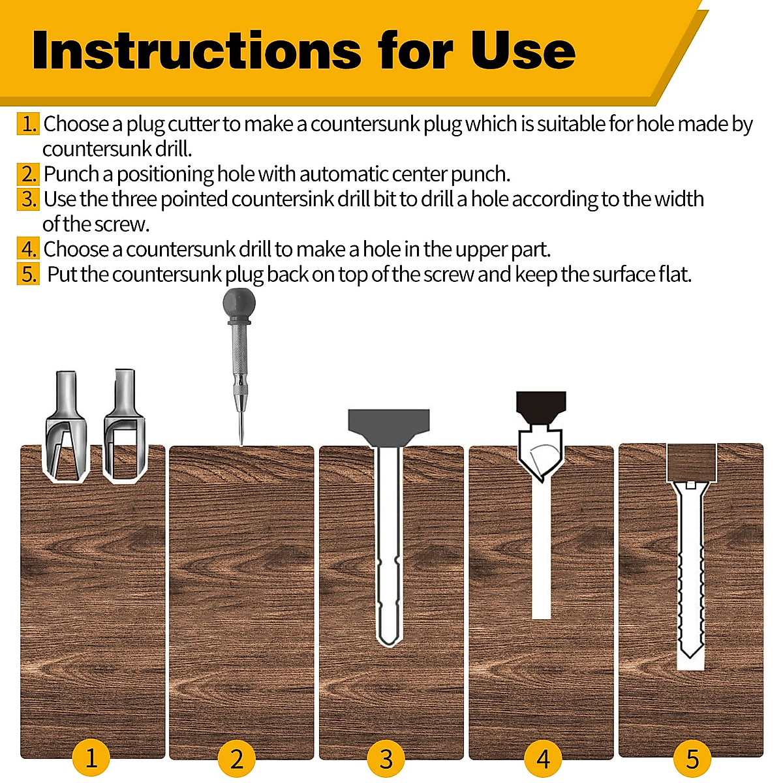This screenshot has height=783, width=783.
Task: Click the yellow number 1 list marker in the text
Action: pyautogui.click(x=29, y=124)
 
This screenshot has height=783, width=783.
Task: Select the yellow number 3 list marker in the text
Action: pyautogui.click(x=29, y=199)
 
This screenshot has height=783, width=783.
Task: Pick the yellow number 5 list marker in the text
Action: pyautogui.click(x=29, y=274)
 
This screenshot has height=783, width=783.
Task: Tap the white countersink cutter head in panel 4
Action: pyautogui.click(x=540, y=453)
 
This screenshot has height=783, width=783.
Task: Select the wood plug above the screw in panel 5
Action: pyautogui.click(x=691, y=462)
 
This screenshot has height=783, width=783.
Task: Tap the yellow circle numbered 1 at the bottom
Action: pyautogui.click(x=91, y=758)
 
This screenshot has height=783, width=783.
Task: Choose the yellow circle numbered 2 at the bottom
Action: pyautogui.click(x=237, y=759)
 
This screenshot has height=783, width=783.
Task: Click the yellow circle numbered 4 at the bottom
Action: pyautogui.click(x=543, y=759)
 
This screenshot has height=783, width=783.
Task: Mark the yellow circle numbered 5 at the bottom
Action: pyautogui.click(x=692, y=759)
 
